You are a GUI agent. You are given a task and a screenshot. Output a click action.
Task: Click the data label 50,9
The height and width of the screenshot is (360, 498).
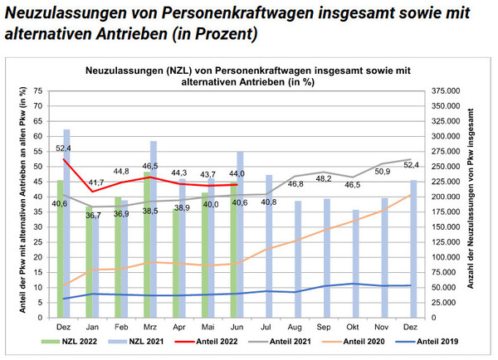tap(383, 172)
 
